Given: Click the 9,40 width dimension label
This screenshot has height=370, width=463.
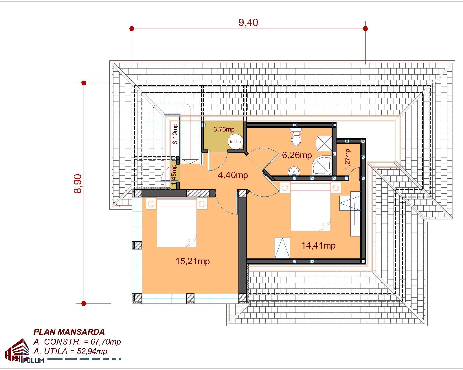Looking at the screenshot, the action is (x=248, y=23).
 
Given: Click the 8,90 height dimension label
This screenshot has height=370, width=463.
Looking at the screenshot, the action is (x=78, y=184).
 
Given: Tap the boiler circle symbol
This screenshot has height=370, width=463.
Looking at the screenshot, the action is (x=235, y=142).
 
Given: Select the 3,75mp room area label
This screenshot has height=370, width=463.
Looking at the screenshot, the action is (x=224, y=129).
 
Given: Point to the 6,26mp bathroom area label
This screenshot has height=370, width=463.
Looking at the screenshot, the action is (x=297, y=155).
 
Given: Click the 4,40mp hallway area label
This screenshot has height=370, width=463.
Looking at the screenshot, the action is (x=233, y=175).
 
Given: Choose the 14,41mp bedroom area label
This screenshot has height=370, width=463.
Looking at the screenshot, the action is (x=318, y=246).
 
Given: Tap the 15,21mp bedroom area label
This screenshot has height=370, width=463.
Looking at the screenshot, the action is (x=192, y=261).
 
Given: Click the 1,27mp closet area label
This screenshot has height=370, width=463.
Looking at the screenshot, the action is (x=348, y=159).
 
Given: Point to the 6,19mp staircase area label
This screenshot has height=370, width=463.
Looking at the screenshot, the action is (x=175, y=134).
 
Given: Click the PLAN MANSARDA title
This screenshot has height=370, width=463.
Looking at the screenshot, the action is (x=69, y=332).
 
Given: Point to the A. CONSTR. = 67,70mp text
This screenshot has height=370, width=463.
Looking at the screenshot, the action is (x=77, y=342).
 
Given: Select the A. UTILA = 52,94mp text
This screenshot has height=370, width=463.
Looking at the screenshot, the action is (x=70, y=351).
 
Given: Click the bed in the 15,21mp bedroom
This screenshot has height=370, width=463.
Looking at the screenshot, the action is (x=177, y=223).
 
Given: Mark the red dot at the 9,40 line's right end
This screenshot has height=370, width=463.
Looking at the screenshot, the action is (x=365, y=29).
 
